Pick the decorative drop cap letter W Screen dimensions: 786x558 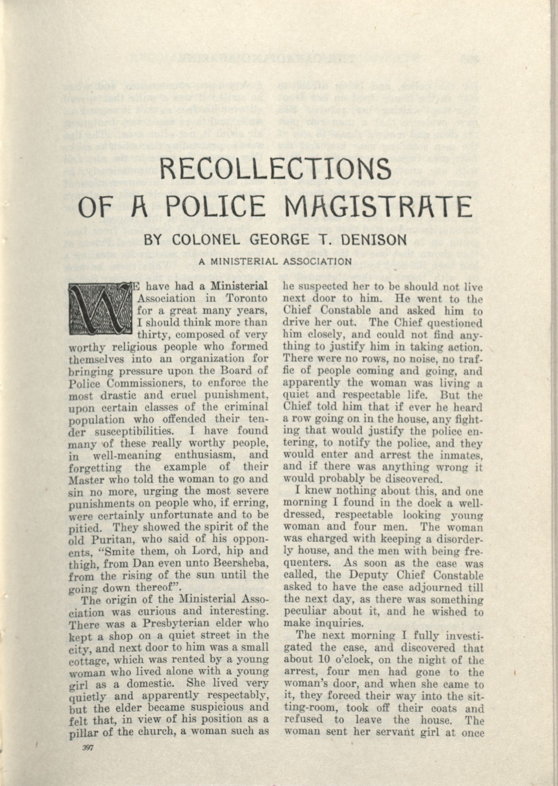click(100, 310)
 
